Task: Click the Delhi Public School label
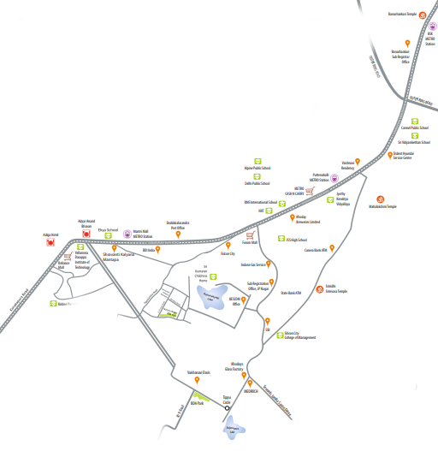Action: [258, 183]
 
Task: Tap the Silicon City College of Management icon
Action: [278, 335]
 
